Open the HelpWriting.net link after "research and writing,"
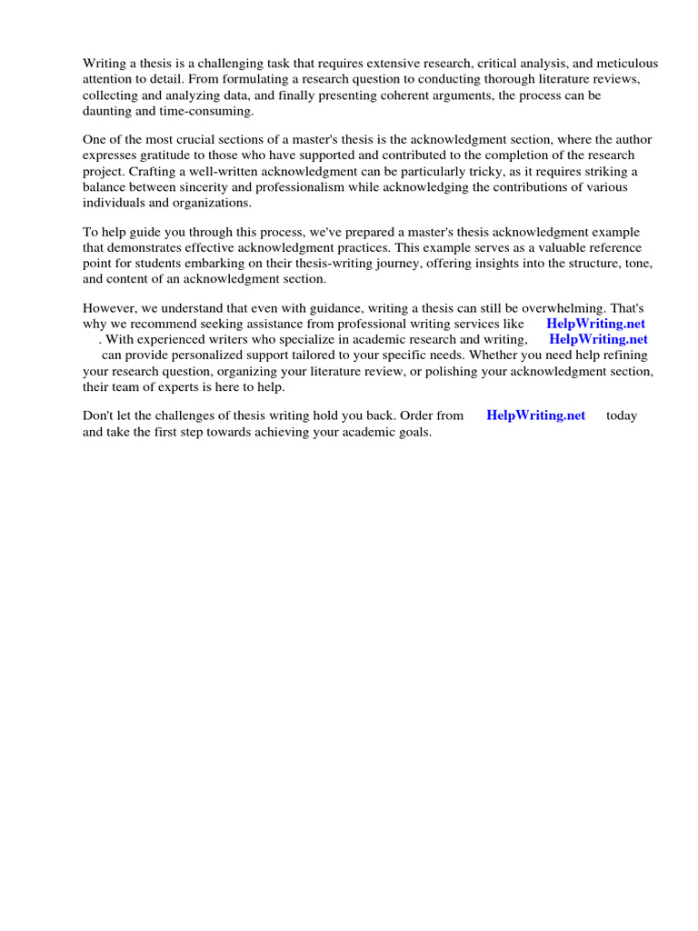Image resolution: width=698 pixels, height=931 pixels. (x=598, y=340)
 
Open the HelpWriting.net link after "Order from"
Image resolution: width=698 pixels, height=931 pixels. (x=536, y=416)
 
